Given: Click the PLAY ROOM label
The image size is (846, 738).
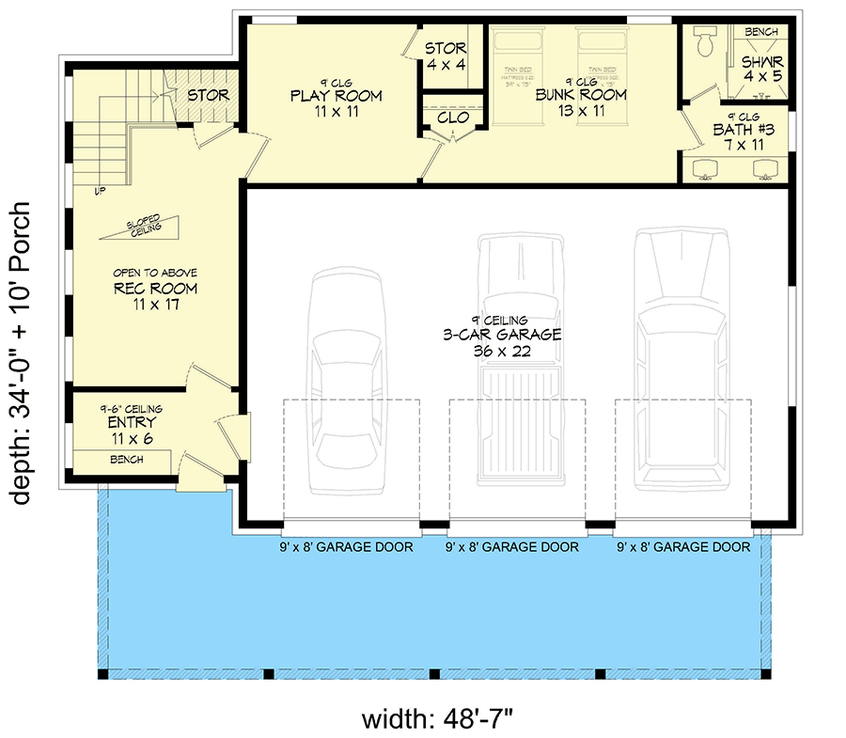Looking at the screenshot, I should pos(336,96).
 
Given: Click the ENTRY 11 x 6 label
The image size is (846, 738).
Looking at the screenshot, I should pos(132,423).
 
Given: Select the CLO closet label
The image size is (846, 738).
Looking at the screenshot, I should pos(453,118).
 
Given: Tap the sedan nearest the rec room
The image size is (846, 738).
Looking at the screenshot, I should pos(351,381).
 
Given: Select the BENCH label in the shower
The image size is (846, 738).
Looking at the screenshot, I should pos(760,32).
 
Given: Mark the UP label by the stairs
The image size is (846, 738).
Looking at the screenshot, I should pos(99,191).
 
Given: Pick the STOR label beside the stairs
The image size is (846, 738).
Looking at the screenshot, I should pos(208,96).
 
